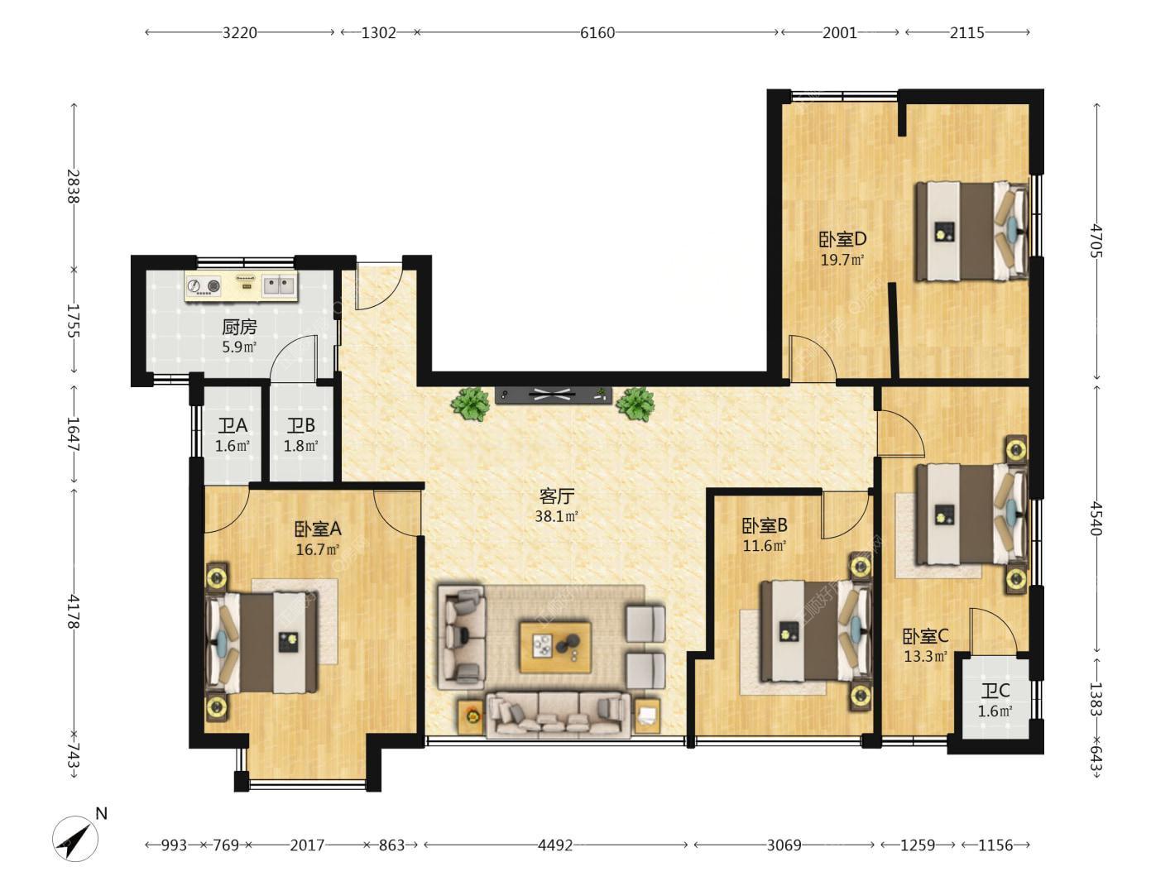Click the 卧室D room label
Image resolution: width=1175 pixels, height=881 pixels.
tap(842, 239)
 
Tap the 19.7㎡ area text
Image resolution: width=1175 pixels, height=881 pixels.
tap(842, 261)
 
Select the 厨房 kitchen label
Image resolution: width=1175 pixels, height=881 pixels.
tap(239, 326)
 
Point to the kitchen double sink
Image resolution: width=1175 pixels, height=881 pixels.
tap(278, 285)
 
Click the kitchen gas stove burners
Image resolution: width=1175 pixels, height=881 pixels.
tap(204, 285)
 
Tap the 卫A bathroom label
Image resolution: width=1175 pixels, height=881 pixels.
tap(233, 426)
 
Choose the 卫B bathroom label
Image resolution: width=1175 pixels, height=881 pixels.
tap(301, 426)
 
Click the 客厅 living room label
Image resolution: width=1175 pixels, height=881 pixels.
tap(556, 496)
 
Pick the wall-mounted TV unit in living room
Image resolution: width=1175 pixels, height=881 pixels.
tap(553, 395)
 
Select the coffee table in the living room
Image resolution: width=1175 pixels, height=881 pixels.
tap(555, 647)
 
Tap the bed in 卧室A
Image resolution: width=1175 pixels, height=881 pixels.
tap(262, 643)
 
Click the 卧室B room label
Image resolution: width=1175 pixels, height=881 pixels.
tap(765, 526)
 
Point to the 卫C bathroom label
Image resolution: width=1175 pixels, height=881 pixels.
tap(995, 691)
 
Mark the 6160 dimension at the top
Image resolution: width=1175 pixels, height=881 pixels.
tap(597, 32)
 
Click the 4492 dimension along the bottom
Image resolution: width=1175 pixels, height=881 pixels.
tap(555, 845)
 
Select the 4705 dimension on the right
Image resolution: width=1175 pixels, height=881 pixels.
tap(1096, 242)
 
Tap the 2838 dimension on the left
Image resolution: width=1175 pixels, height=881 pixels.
tap(74, 186)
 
